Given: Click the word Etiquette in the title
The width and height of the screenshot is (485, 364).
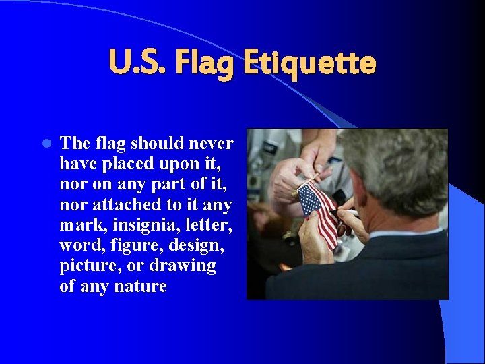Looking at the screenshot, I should [x=309, y=64].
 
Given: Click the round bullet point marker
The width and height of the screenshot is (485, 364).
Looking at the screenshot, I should [x=46, y=144].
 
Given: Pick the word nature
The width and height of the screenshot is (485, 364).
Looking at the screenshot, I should [x=141, y=286].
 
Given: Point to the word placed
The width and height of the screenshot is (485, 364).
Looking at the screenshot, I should [x=132, y=164].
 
